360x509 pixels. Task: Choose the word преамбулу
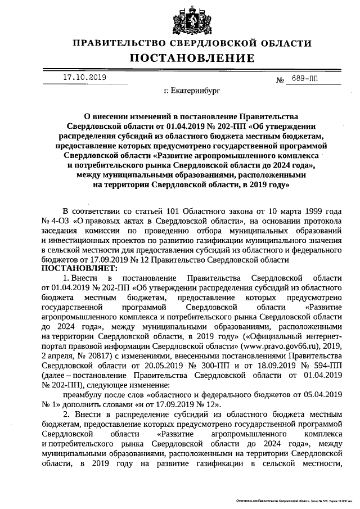[84, 394]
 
